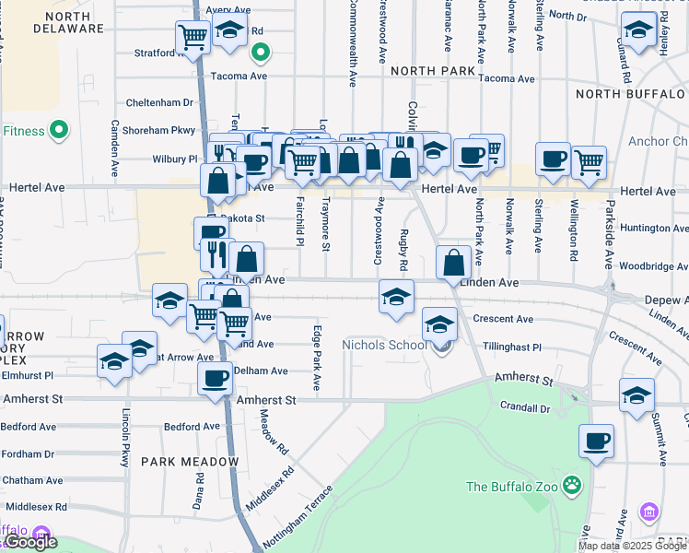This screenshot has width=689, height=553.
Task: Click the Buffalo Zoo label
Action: pyautogui.click(x=514, y=487)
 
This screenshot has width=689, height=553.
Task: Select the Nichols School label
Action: pyautogui.click(x=384, y=346)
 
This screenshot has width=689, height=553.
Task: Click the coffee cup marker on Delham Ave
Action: pyautogui.click(x=216, y=378)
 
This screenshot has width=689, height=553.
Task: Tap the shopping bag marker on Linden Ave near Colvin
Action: pyautogui.click(x=455, y=263)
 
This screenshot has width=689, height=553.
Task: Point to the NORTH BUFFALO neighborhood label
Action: pyautogui.click(x=630, y=94)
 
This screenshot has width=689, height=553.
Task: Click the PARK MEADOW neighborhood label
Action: pyautogui.click(x=190, y=461)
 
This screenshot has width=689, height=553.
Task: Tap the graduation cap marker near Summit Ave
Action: pyautogui.click(x=636, y=395)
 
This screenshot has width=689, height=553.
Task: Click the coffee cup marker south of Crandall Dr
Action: pyautogui.click(x=596, y=441)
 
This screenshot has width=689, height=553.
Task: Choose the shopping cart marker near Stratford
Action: pyautogui.click(x=193, y=38)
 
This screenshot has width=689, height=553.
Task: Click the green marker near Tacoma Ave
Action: pyautogui.click(x=261, y=53)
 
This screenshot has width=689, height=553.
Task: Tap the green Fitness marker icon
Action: pyautogui.click(x=61, y=131)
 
